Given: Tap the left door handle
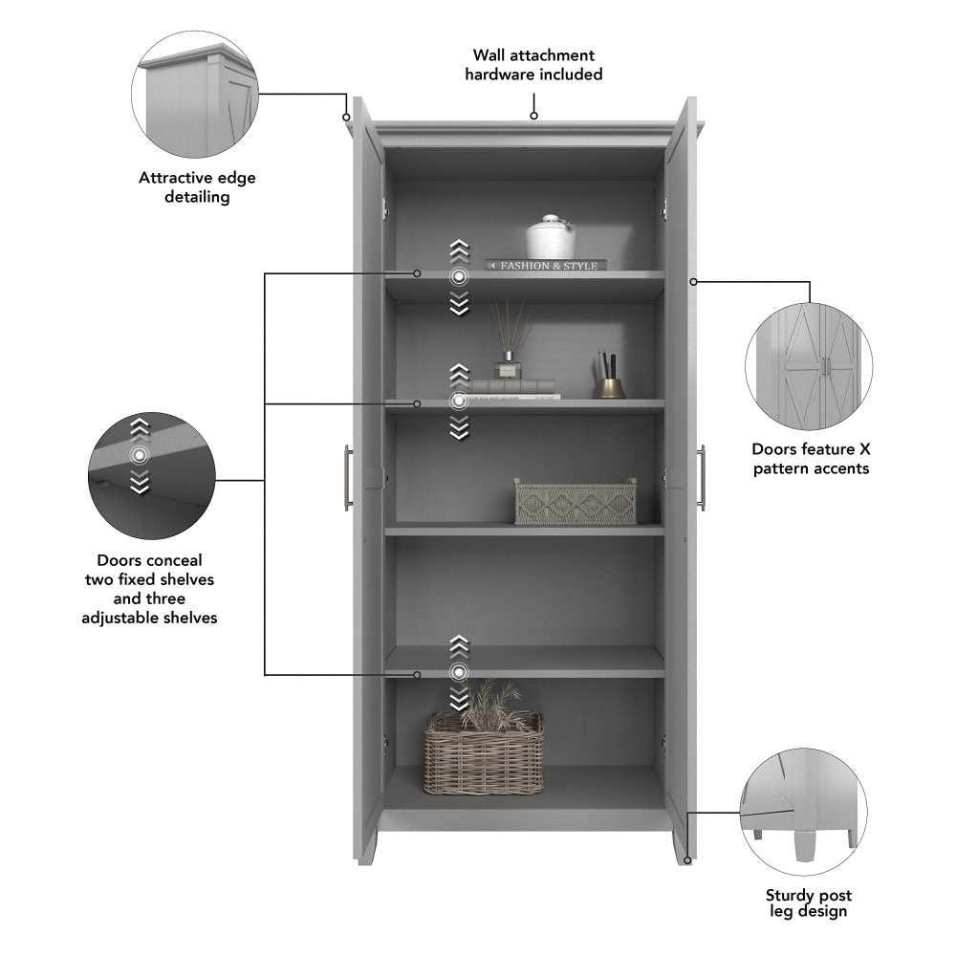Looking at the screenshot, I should pyautogui.click(x=349, y=475).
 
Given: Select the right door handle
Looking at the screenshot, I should pyautogui.click(x=703, y=475).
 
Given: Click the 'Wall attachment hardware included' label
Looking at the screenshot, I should pyautogui.click(x=533, y=65).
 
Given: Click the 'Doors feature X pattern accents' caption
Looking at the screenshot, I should pyautogui.click(x=810, y=458).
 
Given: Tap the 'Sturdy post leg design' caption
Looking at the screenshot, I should pyautogui.click(x=808, y=903).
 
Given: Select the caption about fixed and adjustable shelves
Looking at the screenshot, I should pyautogui.click(x=156, y=589).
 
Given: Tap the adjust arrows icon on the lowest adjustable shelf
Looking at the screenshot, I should pyautogui.click(x=460, y=672).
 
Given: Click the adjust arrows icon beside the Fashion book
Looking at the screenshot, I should pyautogui.click(x=460, y=277).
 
